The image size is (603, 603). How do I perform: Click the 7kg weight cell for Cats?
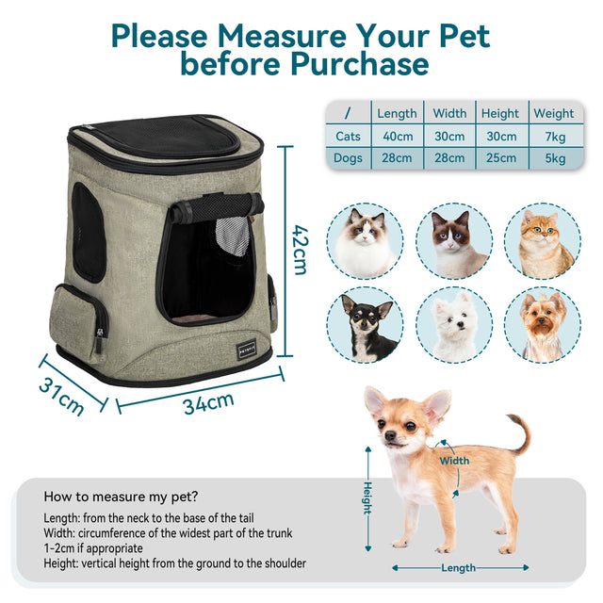pyautogui.click(x=553, y=136)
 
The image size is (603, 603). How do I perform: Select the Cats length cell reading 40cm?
pyautogui.click(x=397, y=136)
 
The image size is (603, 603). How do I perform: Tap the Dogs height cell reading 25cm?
pyautogui.click(x=500, y=158)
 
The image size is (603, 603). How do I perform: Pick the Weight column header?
pyautogui.click(x=553, y=113)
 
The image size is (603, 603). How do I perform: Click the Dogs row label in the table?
pyautogui.click(x=349, y=158)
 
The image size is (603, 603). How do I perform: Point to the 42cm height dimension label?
pyautogui.click(x=300, y=249)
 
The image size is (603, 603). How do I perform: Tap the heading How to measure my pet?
pyautogui.click(x=122, y=497)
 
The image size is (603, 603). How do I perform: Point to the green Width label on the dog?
pyautogui.click(x=453, y=461)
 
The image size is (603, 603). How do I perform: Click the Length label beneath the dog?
pyautogui.click(x=458, y=568)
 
